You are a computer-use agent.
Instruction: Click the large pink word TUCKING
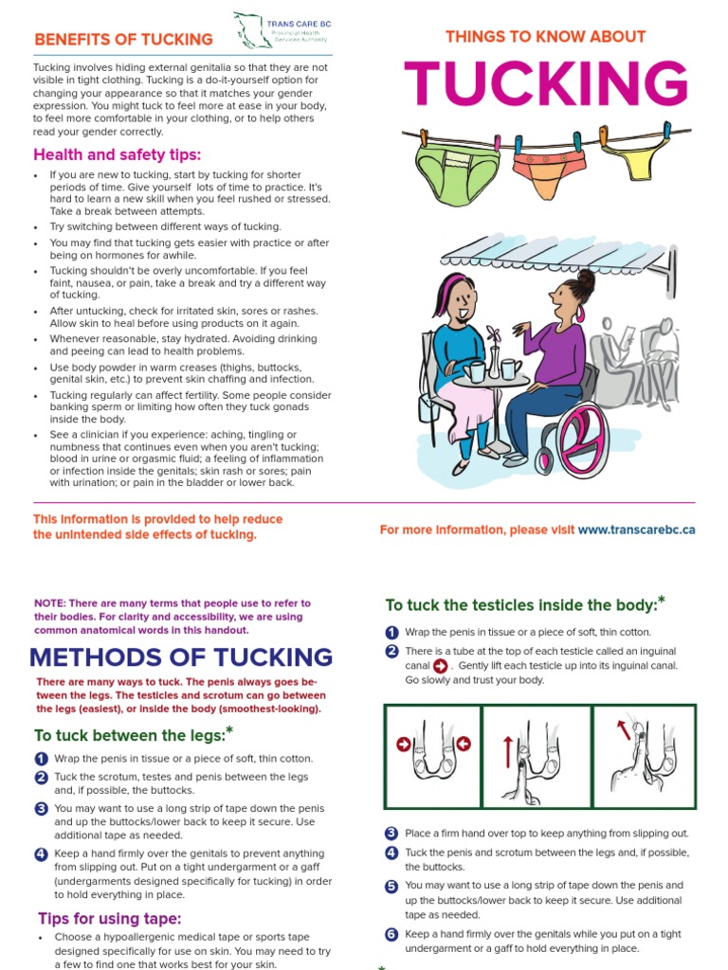[x=546, y=85]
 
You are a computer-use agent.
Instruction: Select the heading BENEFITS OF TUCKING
[x=123, y=40]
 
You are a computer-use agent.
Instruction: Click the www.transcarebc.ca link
[x=636, y=530]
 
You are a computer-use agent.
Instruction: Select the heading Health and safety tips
[x=118, y=154]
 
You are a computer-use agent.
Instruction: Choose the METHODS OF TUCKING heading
[x=181, y=656]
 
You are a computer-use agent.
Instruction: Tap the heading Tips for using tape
[x=110, y=918]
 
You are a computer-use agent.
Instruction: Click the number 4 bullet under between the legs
[x=41, y=853]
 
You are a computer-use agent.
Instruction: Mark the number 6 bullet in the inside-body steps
[x=391, y=934]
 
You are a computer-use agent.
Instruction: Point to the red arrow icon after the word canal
[x=440, y=666]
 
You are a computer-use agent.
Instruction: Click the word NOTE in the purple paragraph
[x=49, y=603]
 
